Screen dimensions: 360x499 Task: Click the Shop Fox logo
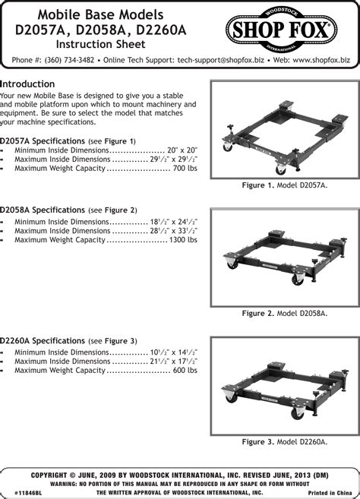281,30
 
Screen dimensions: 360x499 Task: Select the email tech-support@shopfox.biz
220,60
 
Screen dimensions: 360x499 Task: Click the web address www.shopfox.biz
321,60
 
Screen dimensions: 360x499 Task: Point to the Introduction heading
27,84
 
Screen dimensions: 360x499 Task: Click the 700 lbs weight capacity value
185,168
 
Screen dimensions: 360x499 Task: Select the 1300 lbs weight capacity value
183,240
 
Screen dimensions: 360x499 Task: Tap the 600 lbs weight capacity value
185,370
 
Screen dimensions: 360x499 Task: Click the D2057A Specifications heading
43,141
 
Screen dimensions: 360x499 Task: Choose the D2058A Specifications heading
43,210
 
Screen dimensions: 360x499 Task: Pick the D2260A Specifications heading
43,341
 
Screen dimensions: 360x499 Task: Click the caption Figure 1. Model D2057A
285,185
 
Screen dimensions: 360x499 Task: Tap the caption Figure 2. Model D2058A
285,314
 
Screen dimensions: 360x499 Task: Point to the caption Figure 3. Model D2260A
285,442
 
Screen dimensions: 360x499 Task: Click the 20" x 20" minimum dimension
182,150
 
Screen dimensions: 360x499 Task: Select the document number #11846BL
28,493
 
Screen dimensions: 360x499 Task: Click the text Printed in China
330,493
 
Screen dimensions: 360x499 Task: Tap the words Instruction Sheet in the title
100,44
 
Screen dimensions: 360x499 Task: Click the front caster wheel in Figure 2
298,279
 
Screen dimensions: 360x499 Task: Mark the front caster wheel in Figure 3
298,412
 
